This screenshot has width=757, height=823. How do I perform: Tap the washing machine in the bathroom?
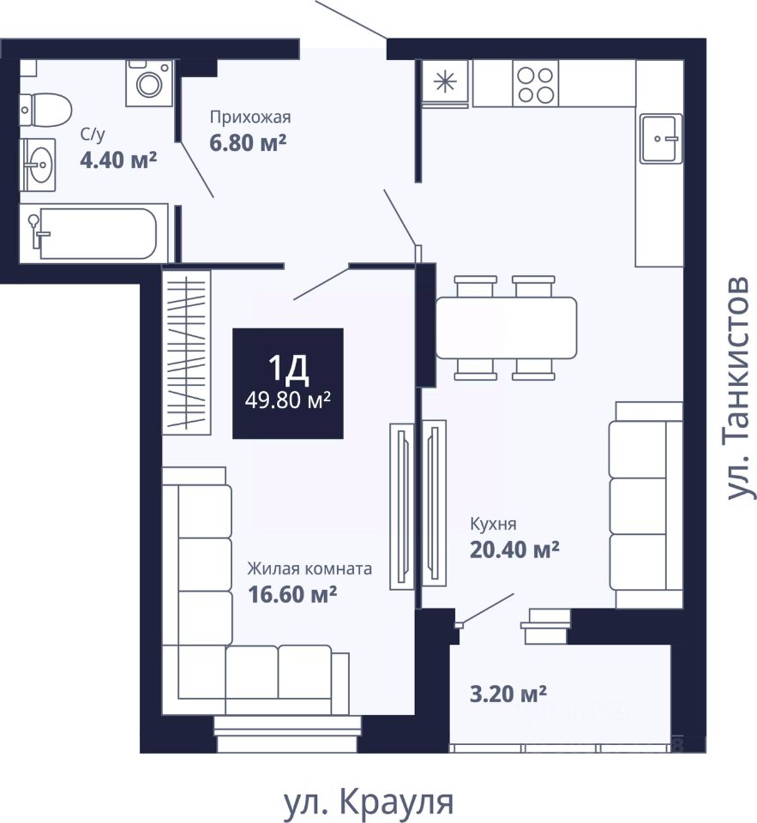(150, 82)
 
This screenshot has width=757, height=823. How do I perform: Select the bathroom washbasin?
(39, 162)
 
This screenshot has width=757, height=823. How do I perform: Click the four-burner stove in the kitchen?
(536, 83)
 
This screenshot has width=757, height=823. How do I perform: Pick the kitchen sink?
(660, 138)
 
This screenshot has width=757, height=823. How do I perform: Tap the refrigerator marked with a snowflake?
(446, 83)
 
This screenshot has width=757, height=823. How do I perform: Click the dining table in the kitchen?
(506, 327)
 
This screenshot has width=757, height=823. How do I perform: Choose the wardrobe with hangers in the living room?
(187, 351)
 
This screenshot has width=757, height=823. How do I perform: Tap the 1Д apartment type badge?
(288, 383)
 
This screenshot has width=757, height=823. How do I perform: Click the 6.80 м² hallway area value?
(248, 141)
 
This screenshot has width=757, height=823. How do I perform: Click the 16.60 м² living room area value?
(291, 592)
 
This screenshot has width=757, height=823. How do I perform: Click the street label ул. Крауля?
(368, 802)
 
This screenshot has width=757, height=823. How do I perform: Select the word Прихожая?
(251, 117)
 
